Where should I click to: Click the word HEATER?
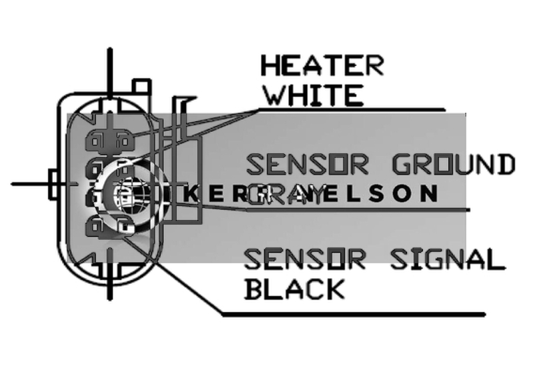(x=322, y=66)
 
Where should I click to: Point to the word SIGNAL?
(x=442, y=259)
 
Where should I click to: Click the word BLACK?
(x=295, y=289)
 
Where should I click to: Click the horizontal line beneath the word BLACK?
(x=354, y=313)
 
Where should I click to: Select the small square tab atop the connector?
(x=140, y=87)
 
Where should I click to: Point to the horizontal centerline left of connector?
(x=30, y=182)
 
